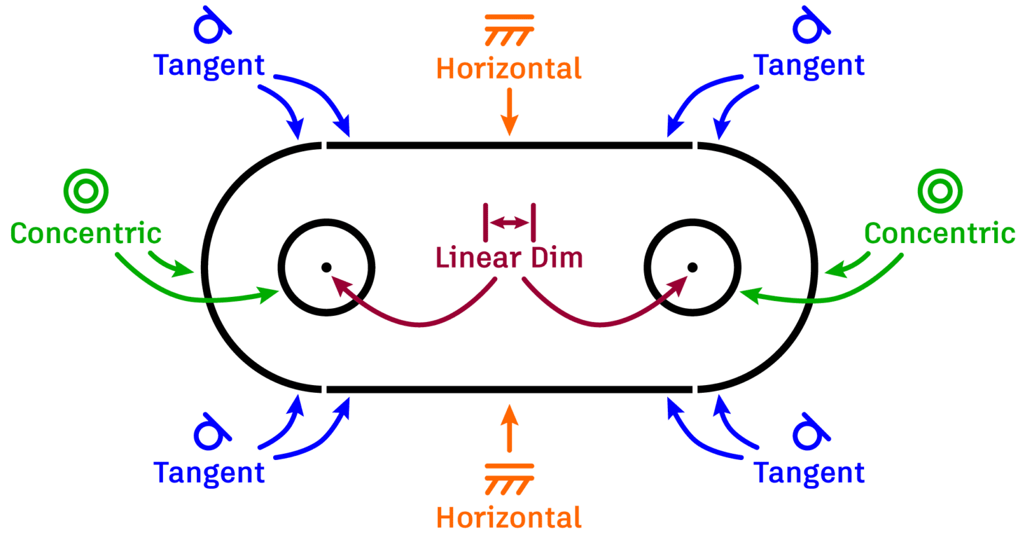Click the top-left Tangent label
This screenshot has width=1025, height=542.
point(209,65)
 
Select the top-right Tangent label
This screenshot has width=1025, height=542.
point(809,65)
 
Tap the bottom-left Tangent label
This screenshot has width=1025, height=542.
point(209,472)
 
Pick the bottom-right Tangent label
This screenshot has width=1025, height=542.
point(809,472)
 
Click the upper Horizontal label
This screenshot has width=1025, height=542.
point(509,68)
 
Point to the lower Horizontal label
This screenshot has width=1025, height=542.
point(509,518)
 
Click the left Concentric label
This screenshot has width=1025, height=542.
point(86,233)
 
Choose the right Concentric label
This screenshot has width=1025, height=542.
point(940,233)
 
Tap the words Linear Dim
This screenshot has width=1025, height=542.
point(509,258)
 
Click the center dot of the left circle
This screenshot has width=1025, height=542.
point(326,267)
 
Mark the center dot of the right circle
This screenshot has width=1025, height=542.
point(692,267)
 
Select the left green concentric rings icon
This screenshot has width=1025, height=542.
point(86,191)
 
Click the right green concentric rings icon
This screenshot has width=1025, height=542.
point(940,191)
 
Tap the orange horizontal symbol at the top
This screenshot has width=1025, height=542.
point(509,30)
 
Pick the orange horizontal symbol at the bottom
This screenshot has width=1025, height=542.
point(509,479)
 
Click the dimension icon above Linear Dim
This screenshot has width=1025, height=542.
point(510,223)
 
